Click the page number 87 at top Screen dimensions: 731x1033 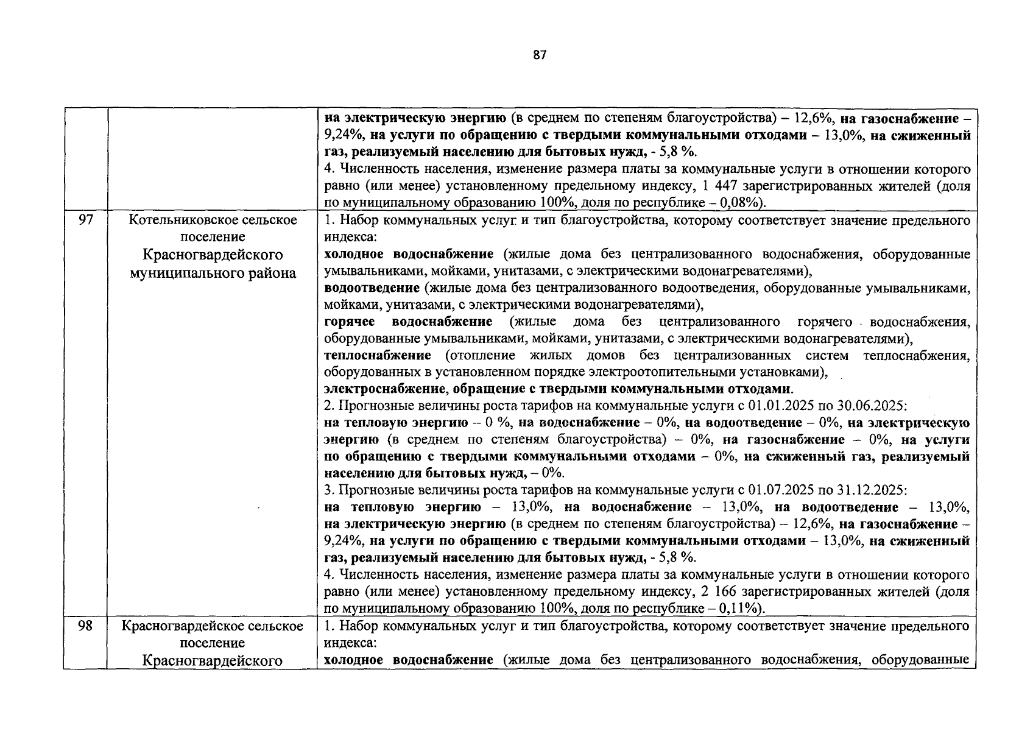[x=540, y=55]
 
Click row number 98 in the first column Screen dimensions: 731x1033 [x=86, y=626]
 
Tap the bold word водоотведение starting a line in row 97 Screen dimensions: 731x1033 [x=372, y=288]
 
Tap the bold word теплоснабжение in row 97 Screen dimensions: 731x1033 [x=378, y=355]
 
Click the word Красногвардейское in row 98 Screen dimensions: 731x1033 [x=178, y=626]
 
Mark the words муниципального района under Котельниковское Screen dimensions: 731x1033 [x=213, y=273]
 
